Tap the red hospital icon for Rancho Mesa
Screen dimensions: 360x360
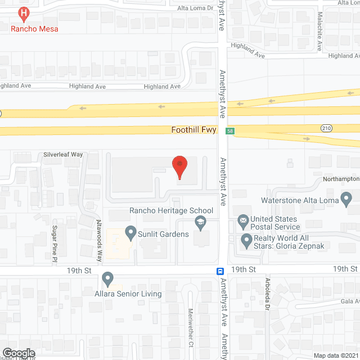(x=24, y=12)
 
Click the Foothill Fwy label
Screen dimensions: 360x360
(x=193, y=130)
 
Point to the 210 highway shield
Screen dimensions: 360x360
(x=326, y=129)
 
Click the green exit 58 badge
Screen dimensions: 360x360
(x=230, y=131)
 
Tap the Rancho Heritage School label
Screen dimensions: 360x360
(x=171, y=211)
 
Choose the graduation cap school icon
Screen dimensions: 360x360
(x=199, y=224)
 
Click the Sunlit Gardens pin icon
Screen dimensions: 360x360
(x=130, y=231)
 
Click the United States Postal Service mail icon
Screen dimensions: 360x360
(x=243, y=219)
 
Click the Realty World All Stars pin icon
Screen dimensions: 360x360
(x=245, y=242)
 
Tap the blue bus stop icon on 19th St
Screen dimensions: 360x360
(x=220, y=271)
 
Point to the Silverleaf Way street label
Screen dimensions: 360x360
(x=64, y=154)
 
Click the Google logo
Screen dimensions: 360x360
(x=19, y=353)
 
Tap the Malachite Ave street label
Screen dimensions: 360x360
(x=319, y=31)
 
